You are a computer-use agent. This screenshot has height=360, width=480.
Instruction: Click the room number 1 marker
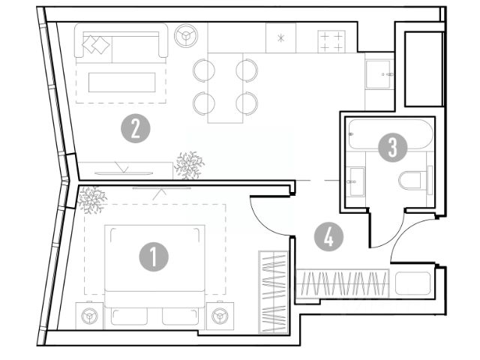154,258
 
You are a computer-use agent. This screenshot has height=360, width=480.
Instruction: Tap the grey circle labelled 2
135,130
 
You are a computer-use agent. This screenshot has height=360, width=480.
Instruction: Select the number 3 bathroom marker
392,147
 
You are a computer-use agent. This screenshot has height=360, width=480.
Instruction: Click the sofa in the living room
121,44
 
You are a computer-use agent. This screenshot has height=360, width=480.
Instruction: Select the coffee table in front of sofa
121,82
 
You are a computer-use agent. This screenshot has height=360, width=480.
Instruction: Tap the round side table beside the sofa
184,34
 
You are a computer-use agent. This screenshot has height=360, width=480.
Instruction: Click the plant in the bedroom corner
92,198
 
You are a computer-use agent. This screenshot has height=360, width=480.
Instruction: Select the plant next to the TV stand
188,165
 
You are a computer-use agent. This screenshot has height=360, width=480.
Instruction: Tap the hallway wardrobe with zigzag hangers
343,286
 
